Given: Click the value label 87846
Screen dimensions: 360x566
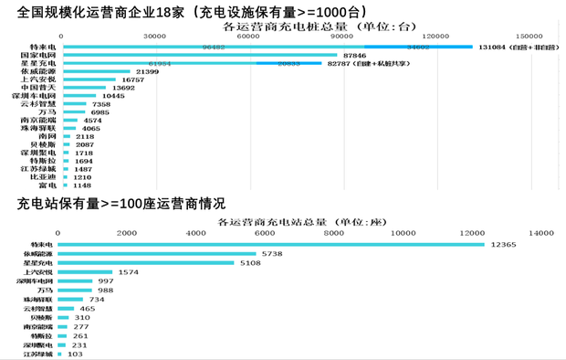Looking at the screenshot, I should (x=351, y=55).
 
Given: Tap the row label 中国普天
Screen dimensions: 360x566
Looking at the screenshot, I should (x=39, y=88).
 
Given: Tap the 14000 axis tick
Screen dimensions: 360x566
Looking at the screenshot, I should (x=545, y=234).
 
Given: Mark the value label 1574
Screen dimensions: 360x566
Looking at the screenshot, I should (x=128, y=272).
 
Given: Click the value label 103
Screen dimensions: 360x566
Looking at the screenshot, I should (x=75, y=354).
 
